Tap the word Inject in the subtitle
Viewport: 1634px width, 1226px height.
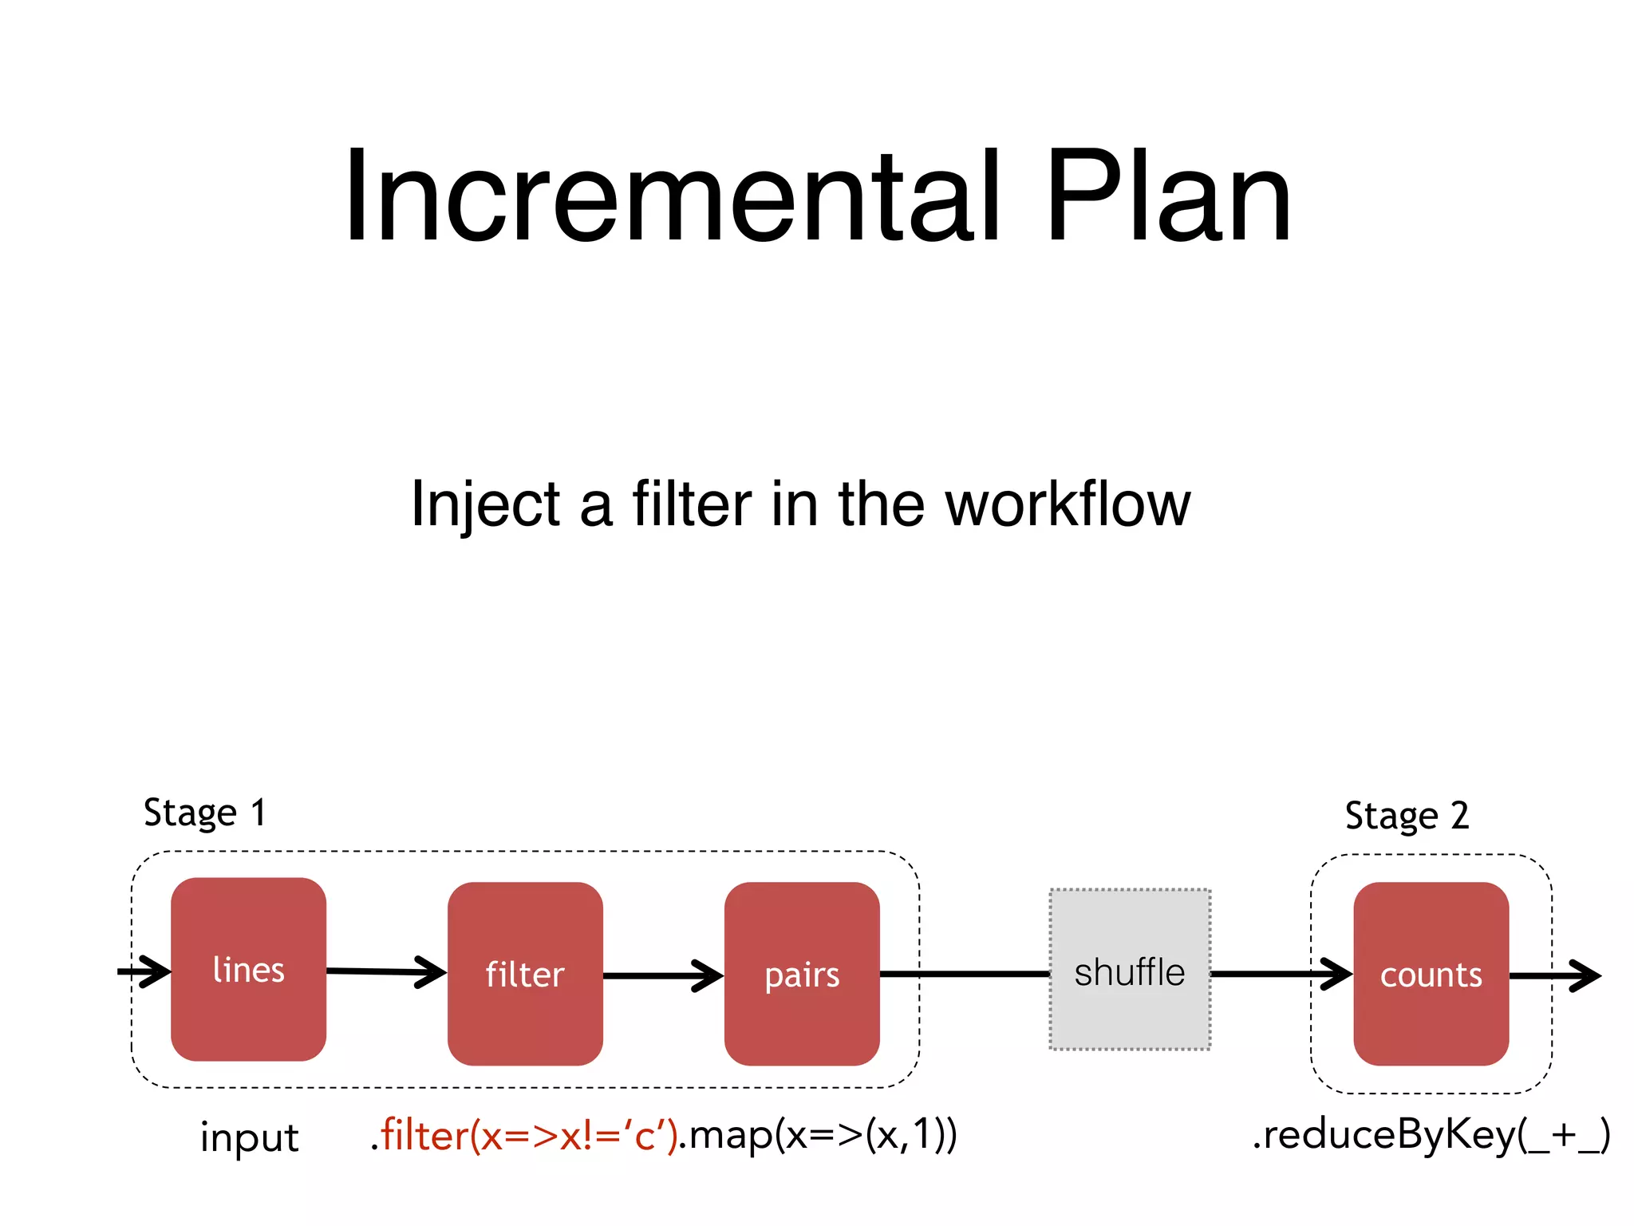tap(486, 504)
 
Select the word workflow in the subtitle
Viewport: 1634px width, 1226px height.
tap(1068, 504)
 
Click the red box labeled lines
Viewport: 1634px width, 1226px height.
tap(248, 969)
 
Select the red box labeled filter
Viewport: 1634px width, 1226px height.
tap(525, 974)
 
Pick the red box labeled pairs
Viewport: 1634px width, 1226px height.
tap(802, 974)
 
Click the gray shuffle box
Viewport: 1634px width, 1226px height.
tap(1130, 970)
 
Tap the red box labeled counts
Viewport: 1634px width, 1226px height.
tap(1431, 974)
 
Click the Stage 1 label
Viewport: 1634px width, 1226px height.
tap(204, 813)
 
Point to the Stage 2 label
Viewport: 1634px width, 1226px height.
tap(1407, 816)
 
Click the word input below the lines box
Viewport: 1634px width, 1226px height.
tap(249, 1137)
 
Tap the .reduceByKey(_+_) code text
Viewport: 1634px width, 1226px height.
tap(1431, 1135)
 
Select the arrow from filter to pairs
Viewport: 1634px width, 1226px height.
tap(662, 975)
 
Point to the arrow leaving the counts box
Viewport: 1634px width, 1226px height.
tap(1556, 975)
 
